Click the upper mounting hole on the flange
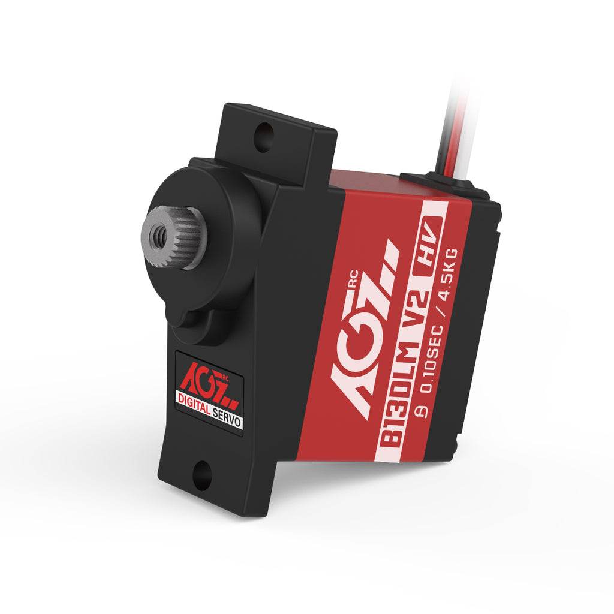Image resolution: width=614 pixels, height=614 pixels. pyautogui.click(x=263, y=137)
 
